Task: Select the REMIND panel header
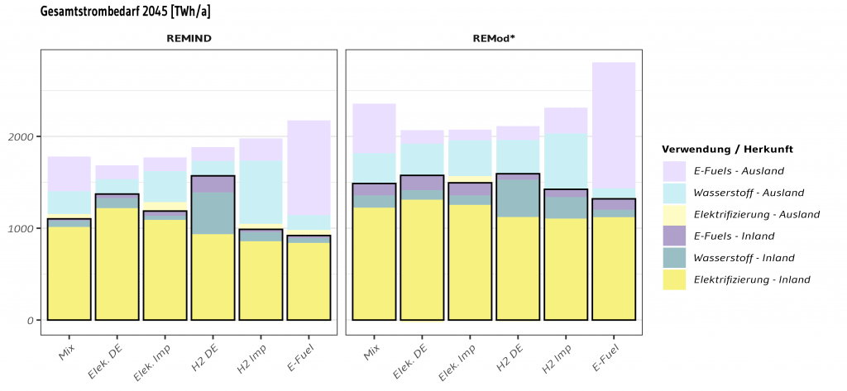[189, 38]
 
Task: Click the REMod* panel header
[494, 38]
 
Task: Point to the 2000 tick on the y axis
[21, 136]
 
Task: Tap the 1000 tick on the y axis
[21, 228]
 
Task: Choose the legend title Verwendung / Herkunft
[727, 150]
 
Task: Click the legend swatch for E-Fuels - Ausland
[673, 171]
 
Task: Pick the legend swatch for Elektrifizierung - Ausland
[673, 214]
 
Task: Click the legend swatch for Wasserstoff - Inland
[673, 258]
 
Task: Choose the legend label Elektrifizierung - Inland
[752, 279]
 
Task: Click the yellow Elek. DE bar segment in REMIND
[117, 264]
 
